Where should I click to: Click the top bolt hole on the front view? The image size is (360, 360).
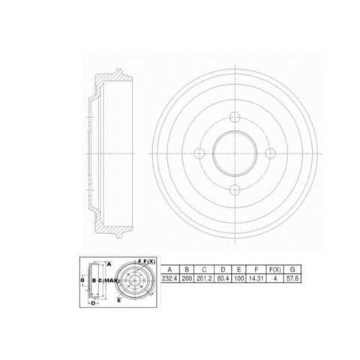(x=235, y=117)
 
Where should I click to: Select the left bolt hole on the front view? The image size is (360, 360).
(x=199, y=153)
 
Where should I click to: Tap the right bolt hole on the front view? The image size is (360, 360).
(x=270, y=153)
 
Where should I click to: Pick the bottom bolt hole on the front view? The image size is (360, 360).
(x=235, y=190)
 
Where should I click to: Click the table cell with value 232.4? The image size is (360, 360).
(x=169, y=278)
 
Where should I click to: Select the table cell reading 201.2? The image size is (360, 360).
(x=204, y=278)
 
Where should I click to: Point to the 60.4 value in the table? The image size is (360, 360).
(x=223, y=278)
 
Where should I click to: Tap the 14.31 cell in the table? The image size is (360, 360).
(x=256, y=278)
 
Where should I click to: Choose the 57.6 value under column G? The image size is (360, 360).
(x=292, y=278)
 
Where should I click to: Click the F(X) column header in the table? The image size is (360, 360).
(x=275, y=269)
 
